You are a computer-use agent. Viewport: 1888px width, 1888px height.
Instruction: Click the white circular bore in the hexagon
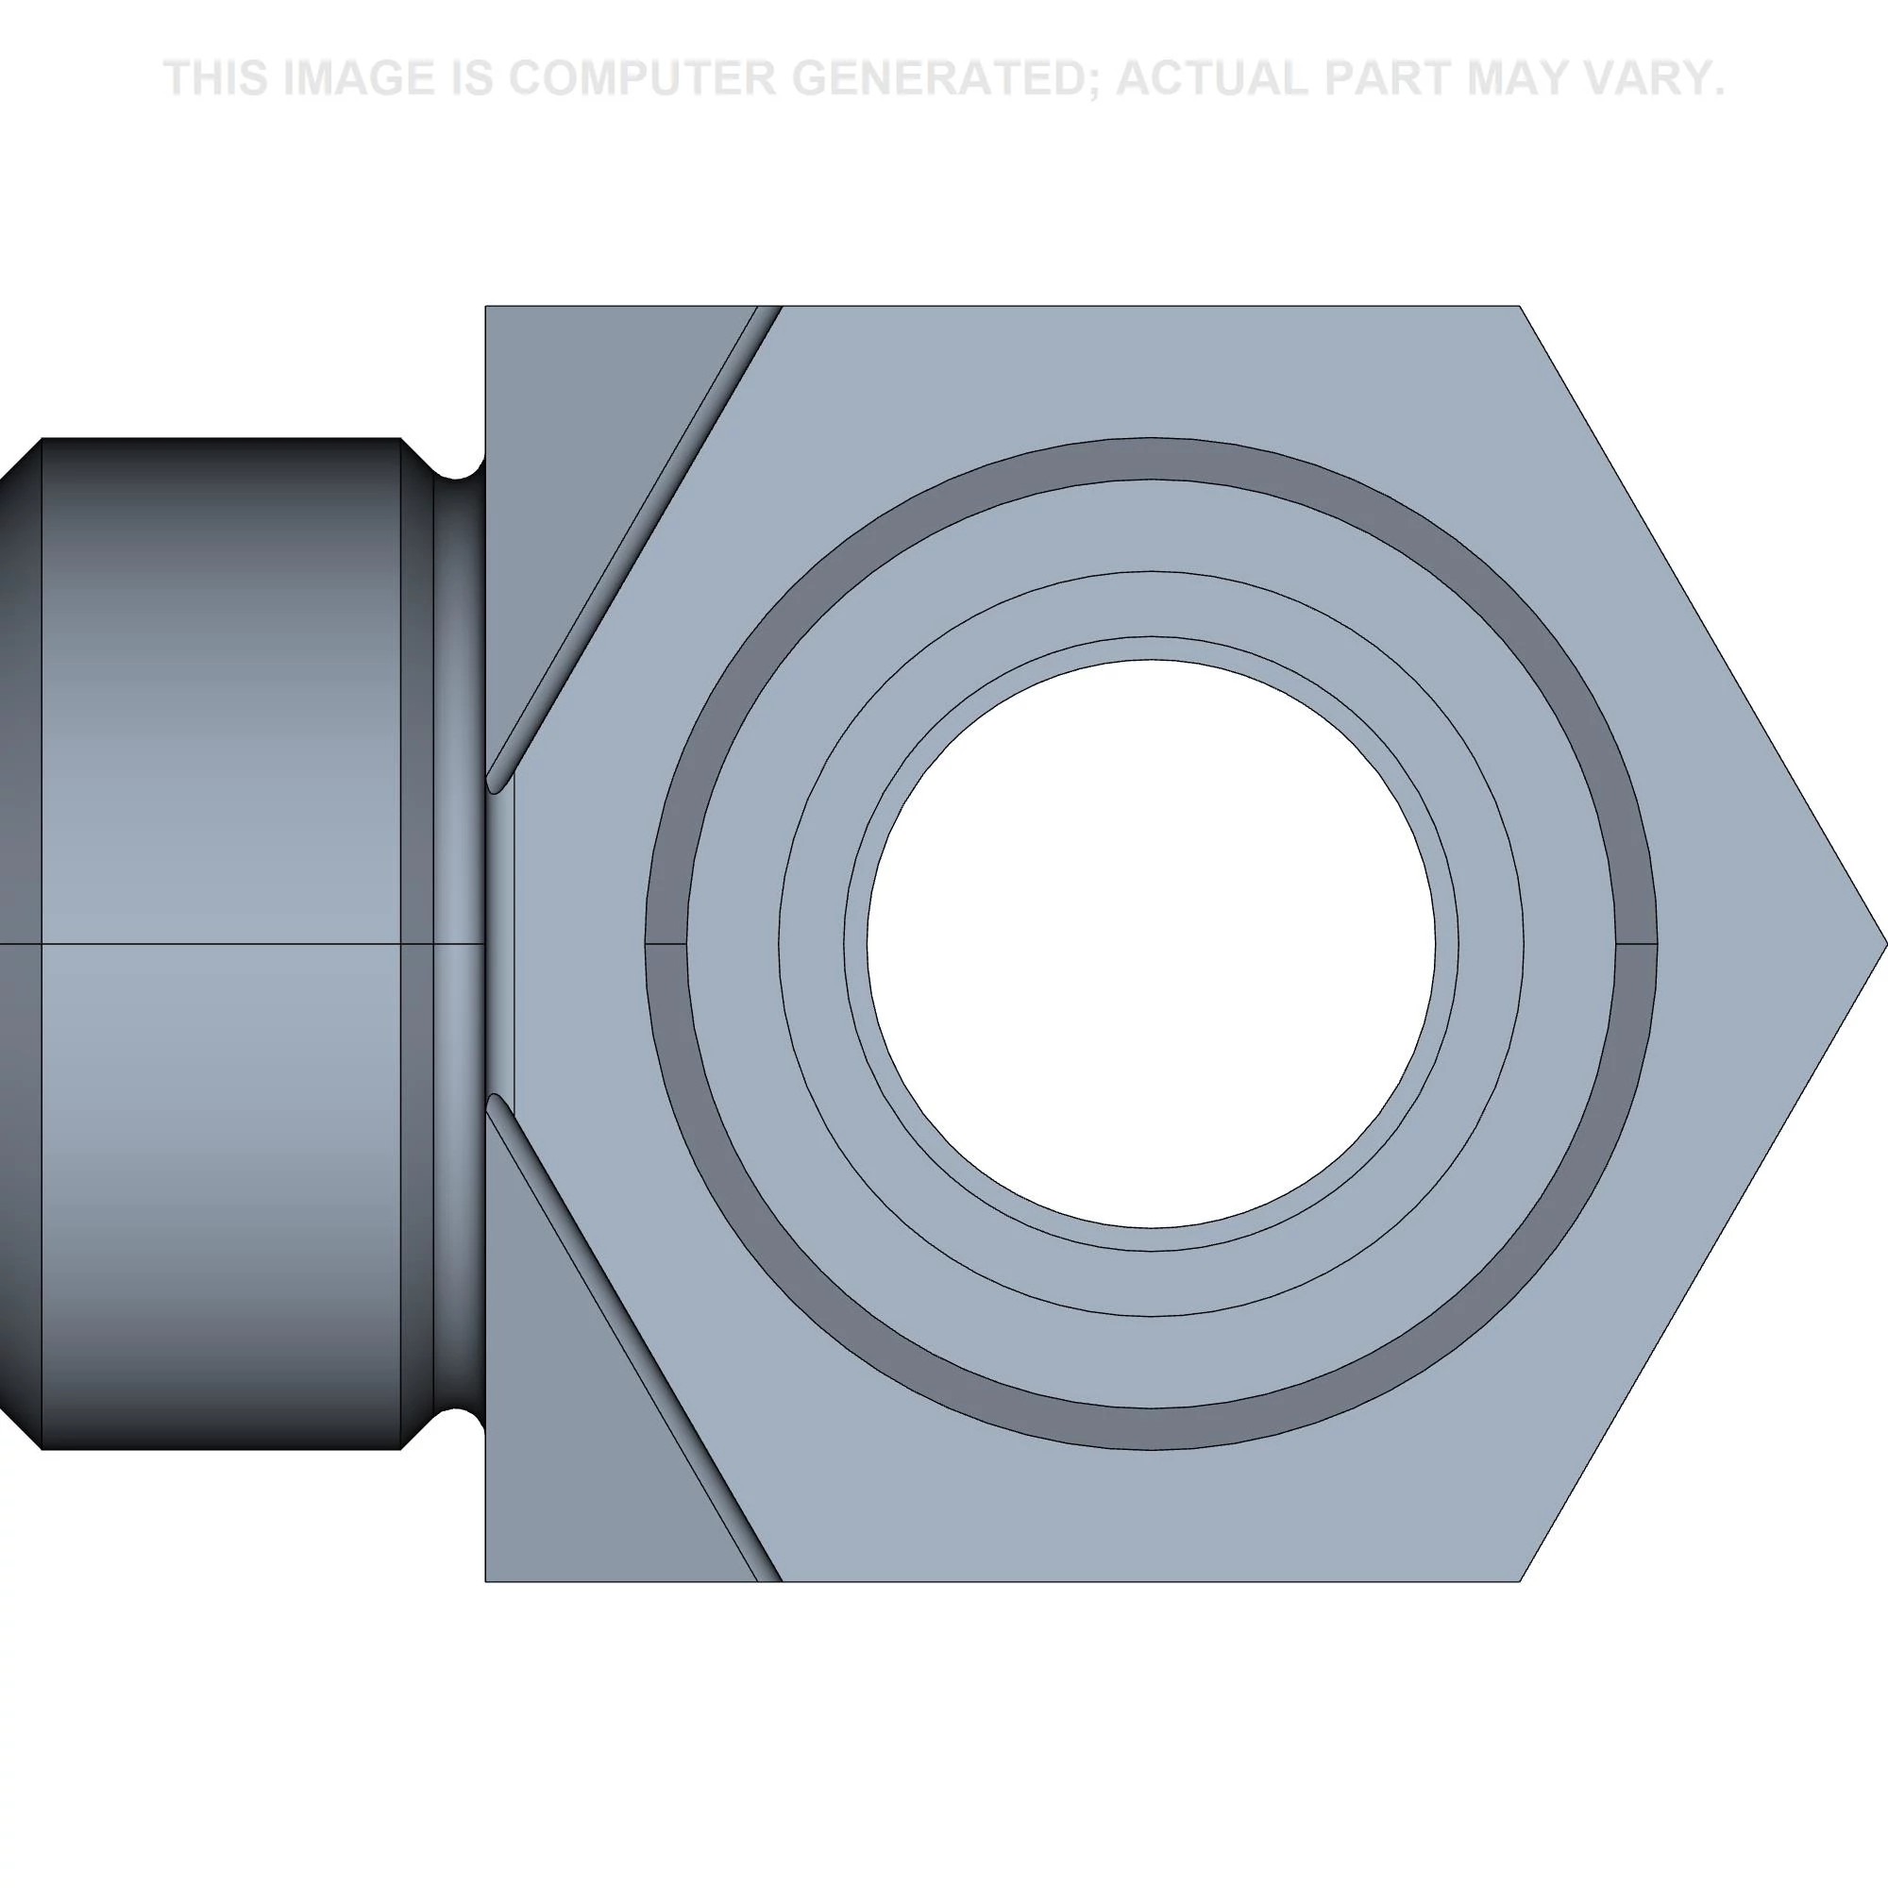(1151, 944)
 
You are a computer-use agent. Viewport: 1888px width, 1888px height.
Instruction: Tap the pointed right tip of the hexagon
(1886, 944)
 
